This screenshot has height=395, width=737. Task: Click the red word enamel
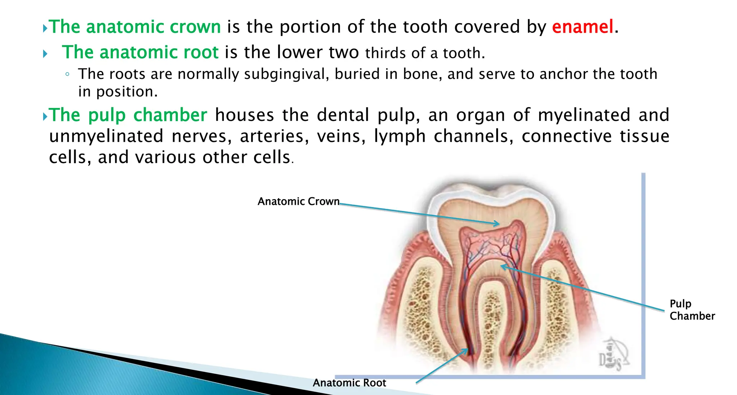click(x=582, y=27)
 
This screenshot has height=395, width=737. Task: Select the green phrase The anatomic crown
click(x=135, y=27)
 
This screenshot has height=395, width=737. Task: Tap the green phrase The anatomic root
click(x=140, y=53)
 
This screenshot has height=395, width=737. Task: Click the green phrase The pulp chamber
click(x=128, y=115)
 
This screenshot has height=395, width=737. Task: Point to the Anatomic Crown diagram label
click(x=298, y=201)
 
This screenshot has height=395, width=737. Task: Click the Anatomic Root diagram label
click(x=349, y=383)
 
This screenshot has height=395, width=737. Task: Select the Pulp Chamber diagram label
click(x=692, y=310)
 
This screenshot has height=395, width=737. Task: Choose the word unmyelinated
click(x=106, y=136)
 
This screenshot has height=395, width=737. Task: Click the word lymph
click(x=400, y=136)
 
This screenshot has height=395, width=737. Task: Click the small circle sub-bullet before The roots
click(x=67, y=75)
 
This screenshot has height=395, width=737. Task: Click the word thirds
click(x=385, y=53)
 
